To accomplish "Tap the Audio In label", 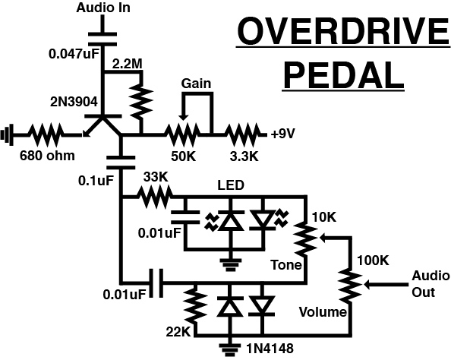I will tap(102, 8).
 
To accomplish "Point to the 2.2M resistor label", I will tap(127, 65).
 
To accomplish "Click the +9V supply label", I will tap(284, 135).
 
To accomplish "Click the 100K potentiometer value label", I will tap(374, 261).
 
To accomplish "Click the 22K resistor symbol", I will tap(195, 305).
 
